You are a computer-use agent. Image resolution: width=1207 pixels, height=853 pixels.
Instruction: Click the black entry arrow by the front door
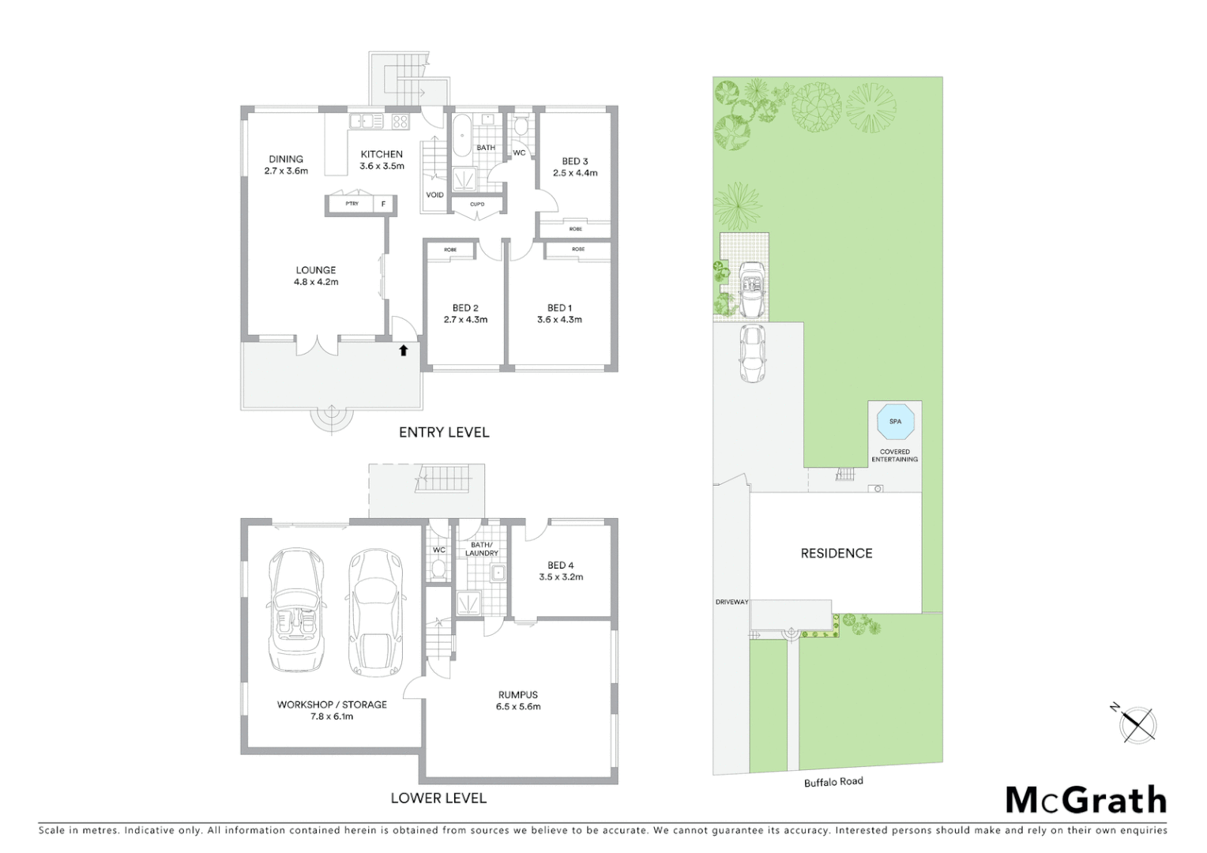pyautogui.click(x=403, y=350)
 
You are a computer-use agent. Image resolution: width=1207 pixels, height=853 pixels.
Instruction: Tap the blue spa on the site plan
pyautogui.click(x=895, y=421)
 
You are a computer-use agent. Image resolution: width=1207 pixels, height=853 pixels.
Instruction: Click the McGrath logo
pyautogui.click(x=1085, y=800)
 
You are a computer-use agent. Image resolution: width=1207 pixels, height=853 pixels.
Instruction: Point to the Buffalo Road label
pyautogui.click(x=833, y=782)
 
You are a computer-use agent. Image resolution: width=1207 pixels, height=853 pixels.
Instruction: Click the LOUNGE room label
pyautogui.click(x=316, y=270)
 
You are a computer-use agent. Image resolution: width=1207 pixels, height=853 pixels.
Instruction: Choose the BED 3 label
pyautogui.click(x=575, y=161)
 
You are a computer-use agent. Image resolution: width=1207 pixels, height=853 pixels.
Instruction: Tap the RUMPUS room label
pyautogui.click(x=518, y=695)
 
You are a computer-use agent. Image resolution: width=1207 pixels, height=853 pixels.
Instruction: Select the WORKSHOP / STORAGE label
pyautogui.click(x=332, y=705)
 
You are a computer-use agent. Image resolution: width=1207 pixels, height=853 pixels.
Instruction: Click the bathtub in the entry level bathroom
pyautogui.click(x=461, y=136)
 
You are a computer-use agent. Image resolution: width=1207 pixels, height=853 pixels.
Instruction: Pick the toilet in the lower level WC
pyautogui.click(x=438, y=569)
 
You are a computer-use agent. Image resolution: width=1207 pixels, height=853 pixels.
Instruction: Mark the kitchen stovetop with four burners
pyautogui.click(x=400, y=122)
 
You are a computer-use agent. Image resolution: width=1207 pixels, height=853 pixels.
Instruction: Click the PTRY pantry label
pyautogui.click(x=352, y=204)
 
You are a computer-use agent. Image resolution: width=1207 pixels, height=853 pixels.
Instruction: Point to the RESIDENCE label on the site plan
pyautogui.click(x=837, y=554)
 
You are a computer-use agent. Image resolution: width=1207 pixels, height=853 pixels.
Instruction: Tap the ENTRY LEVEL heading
pyautogui.click(x=444, y=433)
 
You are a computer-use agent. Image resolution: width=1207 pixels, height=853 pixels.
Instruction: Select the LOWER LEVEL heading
pyautogui.click(x=438, y=799)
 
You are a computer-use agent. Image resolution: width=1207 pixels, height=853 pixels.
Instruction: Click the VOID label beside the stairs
pyautogui.click(x=434, y=195)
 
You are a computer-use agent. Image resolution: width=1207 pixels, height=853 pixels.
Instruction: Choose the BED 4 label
pyautogui.click(x=561, y=566)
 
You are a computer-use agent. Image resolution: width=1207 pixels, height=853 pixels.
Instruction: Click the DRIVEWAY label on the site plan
pyautogui.click(x=731, y=602)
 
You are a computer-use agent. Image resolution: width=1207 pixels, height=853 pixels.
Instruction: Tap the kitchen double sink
pyautogui.click(x=366, y=122)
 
